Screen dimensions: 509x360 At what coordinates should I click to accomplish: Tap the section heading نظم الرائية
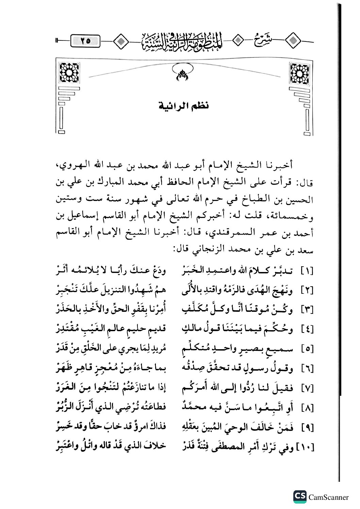click(x=184, y=105)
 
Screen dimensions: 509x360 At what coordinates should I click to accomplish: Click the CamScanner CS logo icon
click(x=299, y=497)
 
